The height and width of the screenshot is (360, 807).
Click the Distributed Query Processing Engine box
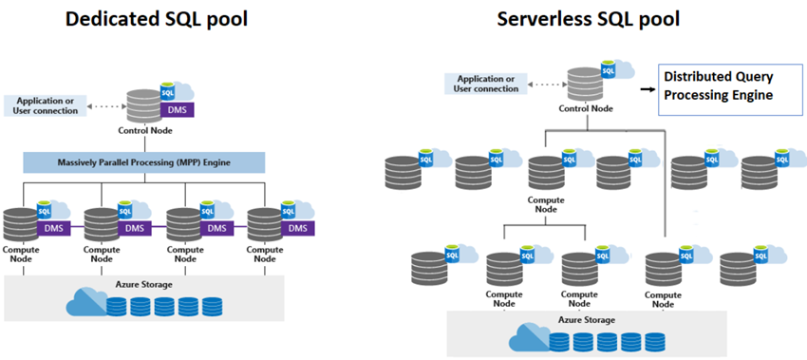(x=721, y=85)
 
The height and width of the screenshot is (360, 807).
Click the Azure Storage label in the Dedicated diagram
(x=145, y=284)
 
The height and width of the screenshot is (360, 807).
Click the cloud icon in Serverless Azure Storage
(x=528, y=338)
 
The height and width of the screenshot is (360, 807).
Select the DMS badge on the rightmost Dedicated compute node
(x=298, y=228)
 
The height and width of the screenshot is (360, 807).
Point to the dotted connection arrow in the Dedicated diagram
(x=106, y=102)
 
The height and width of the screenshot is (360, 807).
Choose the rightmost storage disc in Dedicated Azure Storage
(x=212, y=306)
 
